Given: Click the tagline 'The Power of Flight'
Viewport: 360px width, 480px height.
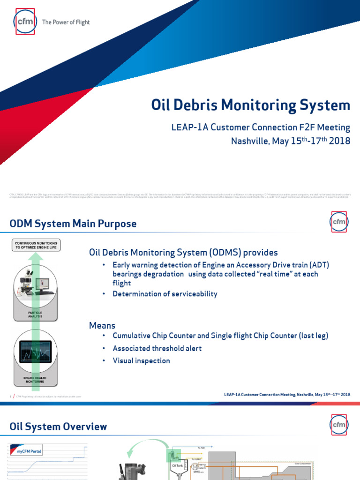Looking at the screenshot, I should [66, 22].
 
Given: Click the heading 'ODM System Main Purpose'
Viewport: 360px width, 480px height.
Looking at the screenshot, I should [73, 224].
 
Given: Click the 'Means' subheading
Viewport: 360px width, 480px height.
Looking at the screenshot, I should [102, 325].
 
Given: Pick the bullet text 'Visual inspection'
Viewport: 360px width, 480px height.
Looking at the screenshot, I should [141, 361].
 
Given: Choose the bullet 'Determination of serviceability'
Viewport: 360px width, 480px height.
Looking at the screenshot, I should [165, 294].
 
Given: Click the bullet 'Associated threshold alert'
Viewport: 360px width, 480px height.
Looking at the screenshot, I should [157, 349].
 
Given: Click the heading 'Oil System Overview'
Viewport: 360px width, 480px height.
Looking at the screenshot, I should [58, 427].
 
